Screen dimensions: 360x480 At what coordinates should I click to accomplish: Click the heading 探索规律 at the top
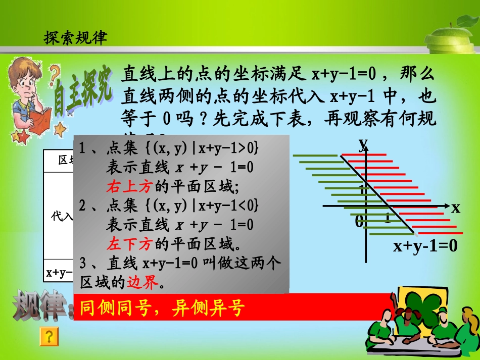(76, 38)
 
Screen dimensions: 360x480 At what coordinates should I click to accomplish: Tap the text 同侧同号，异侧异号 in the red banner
(162, 307)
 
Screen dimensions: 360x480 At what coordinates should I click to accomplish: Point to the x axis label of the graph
(456, 207)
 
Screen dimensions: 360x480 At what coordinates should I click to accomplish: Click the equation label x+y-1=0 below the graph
(425, 246)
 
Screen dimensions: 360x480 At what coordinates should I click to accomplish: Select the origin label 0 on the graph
(359, 221)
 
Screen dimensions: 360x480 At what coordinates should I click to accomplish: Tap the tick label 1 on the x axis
(387, 219)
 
